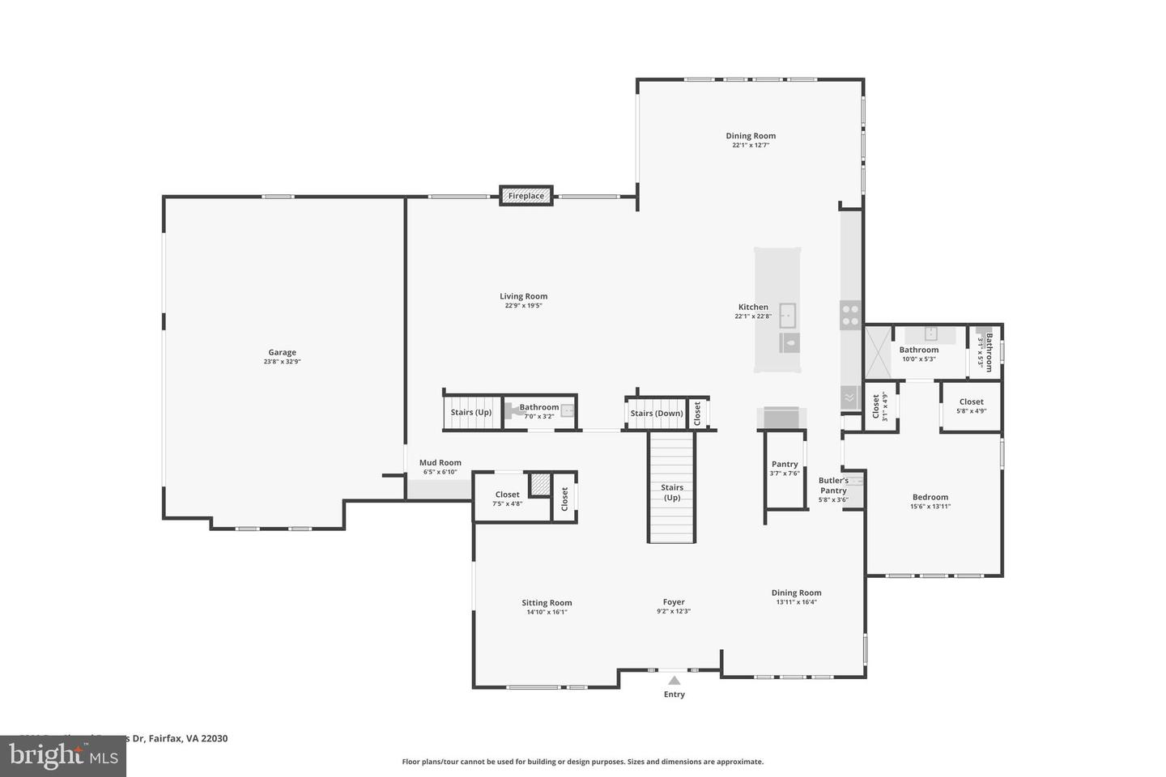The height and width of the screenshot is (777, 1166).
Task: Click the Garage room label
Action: (282, 353)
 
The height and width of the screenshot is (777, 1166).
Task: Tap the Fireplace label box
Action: (526, 196)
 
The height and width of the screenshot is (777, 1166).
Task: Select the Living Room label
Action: (523, 297)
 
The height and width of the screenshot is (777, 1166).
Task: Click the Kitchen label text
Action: (753, 308)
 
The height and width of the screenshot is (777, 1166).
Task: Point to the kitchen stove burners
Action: (849, 314)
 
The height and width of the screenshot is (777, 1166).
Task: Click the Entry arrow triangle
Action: (674, 681)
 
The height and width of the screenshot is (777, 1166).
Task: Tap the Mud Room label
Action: (440, 463)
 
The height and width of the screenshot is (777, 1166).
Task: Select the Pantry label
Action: (785, 465)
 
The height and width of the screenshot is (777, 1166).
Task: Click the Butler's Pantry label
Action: (833, 486)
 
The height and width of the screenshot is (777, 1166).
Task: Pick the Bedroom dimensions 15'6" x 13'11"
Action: (930, 507)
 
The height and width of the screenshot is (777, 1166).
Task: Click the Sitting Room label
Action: (547, 603)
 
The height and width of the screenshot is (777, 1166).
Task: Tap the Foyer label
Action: (674, 602)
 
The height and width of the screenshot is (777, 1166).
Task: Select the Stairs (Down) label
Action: (657, 414)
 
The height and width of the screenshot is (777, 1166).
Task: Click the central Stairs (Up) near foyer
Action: (672, 492)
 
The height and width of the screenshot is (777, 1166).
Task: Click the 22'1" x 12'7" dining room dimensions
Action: (751, 146)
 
